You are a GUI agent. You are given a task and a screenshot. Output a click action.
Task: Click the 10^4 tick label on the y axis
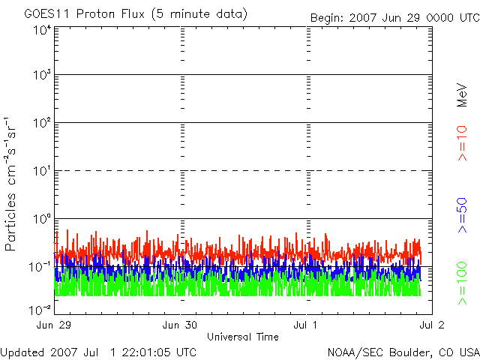(41, 30)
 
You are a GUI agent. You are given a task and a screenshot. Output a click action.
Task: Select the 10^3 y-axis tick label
(41, 75)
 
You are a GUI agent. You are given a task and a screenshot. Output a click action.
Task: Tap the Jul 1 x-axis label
(307, 325)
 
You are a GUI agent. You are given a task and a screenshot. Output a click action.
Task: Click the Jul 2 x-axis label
(433, 325)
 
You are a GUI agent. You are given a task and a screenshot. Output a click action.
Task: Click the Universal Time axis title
(242, 337)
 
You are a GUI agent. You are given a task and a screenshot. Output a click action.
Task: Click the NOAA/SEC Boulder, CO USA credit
(403, 352)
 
